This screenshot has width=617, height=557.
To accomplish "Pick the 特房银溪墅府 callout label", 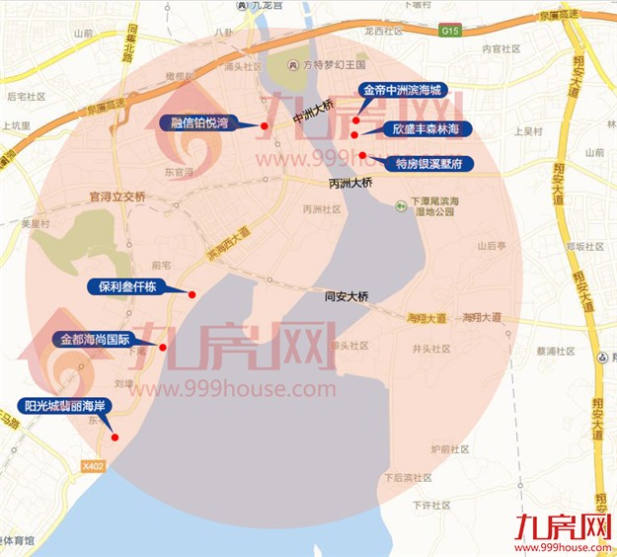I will tap(427, 163).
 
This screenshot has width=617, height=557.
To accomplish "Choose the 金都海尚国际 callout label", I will tap(96, 339).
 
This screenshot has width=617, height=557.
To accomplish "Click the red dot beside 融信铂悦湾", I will tap(265, 125).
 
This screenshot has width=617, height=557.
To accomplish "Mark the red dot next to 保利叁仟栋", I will tap(192, 294).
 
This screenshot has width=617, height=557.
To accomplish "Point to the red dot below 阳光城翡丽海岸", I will tap(116, 438).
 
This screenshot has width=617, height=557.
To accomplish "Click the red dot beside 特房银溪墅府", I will tap(362, 155).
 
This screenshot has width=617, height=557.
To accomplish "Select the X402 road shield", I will tap(94, 465).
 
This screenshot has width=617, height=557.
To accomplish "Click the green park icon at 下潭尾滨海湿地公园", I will tap(402, 205).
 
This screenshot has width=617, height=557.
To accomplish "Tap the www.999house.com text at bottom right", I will tap(564, 546).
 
